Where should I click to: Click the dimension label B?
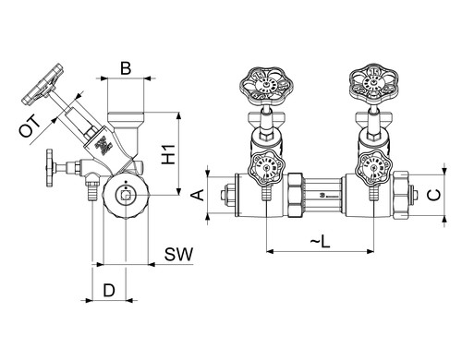point(126,68)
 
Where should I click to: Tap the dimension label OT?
point(30,126)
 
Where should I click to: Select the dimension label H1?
point(168,154)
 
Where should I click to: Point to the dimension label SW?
point(178,254)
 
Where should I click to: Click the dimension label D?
point(109,291)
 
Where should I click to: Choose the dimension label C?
point(434,195)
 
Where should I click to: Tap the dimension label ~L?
point(321,241)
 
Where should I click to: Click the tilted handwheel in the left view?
point(43,84)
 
